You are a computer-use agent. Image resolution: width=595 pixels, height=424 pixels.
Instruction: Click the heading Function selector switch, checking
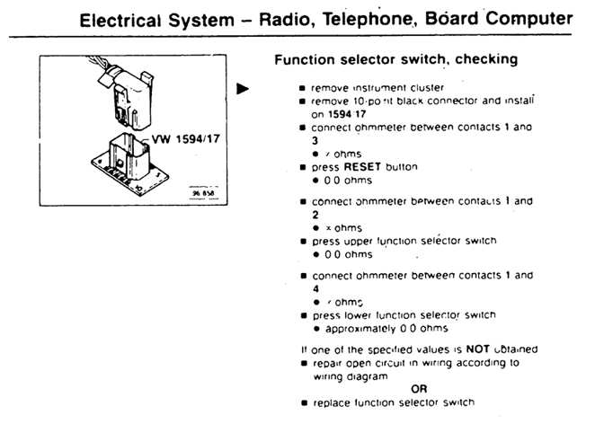(395, 60)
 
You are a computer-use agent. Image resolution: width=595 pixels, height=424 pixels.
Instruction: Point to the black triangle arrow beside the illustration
(242, 88)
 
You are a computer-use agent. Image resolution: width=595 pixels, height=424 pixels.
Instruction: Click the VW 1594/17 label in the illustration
(185, 141)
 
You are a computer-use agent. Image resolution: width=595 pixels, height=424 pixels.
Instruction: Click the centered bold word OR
(419, 388)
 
